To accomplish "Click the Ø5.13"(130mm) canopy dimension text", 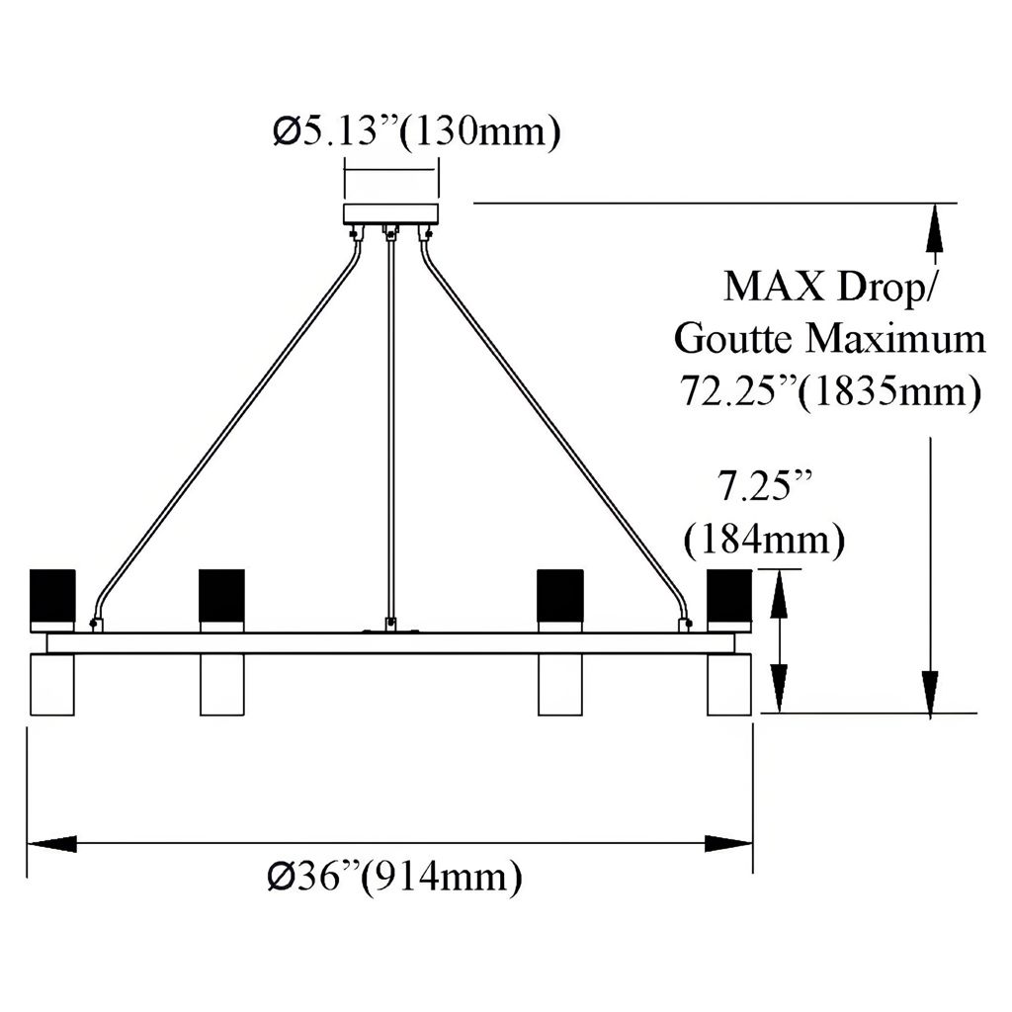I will point(416,131).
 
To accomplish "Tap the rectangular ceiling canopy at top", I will point(390,214).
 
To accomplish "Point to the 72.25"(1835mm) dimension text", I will point(829,391).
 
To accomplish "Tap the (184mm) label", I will point(764,540).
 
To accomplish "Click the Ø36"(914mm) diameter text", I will point(393,876).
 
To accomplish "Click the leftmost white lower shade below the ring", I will point(52,684).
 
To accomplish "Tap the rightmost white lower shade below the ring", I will point(728,684).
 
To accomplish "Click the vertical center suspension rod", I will point(390,425).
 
